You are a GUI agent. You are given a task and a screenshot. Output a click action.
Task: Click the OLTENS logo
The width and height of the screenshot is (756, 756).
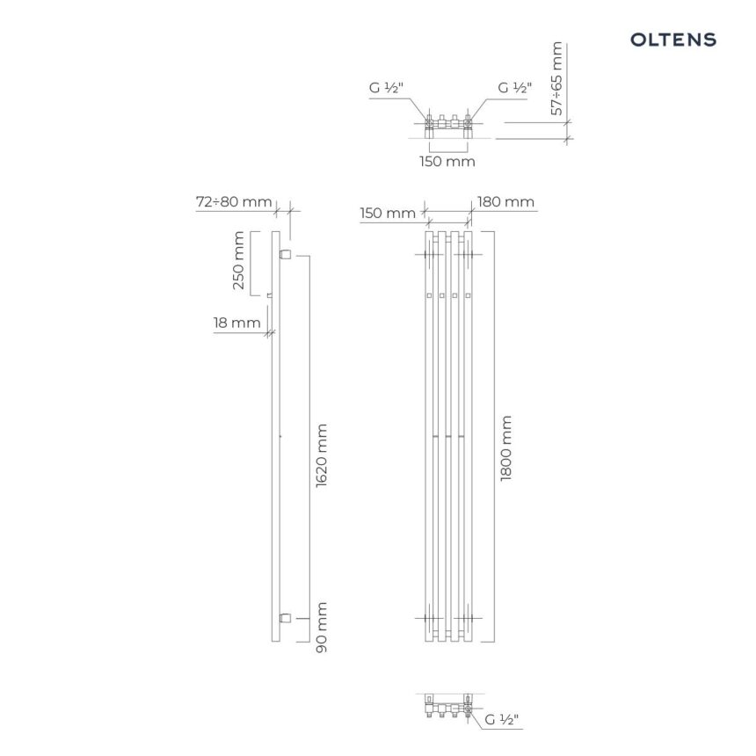tap(673, 40)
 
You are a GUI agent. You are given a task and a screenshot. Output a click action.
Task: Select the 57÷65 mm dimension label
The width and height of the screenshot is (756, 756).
tap(556, 78)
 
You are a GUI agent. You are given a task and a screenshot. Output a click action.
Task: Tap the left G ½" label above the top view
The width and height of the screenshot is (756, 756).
tap(386, 88)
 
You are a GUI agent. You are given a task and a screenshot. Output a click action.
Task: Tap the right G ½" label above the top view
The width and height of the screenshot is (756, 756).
tap(514, 88)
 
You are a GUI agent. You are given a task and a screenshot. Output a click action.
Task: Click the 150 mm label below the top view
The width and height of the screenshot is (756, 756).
tap(447, 161)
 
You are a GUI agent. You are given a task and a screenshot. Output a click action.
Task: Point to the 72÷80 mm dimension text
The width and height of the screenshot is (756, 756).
tap(234, 201)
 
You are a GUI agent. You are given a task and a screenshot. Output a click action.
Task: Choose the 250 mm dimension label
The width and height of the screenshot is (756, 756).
tap(238, 260)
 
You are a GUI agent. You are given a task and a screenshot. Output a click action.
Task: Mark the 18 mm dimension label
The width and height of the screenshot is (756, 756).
tap(237, 323)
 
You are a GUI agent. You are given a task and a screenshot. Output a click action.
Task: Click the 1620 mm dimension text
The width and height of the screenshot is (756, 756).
tap(322, 455)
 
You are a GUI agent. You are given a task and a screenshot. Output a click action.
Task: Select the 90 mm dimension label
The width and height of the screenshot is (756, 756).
tap(322, 628)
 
